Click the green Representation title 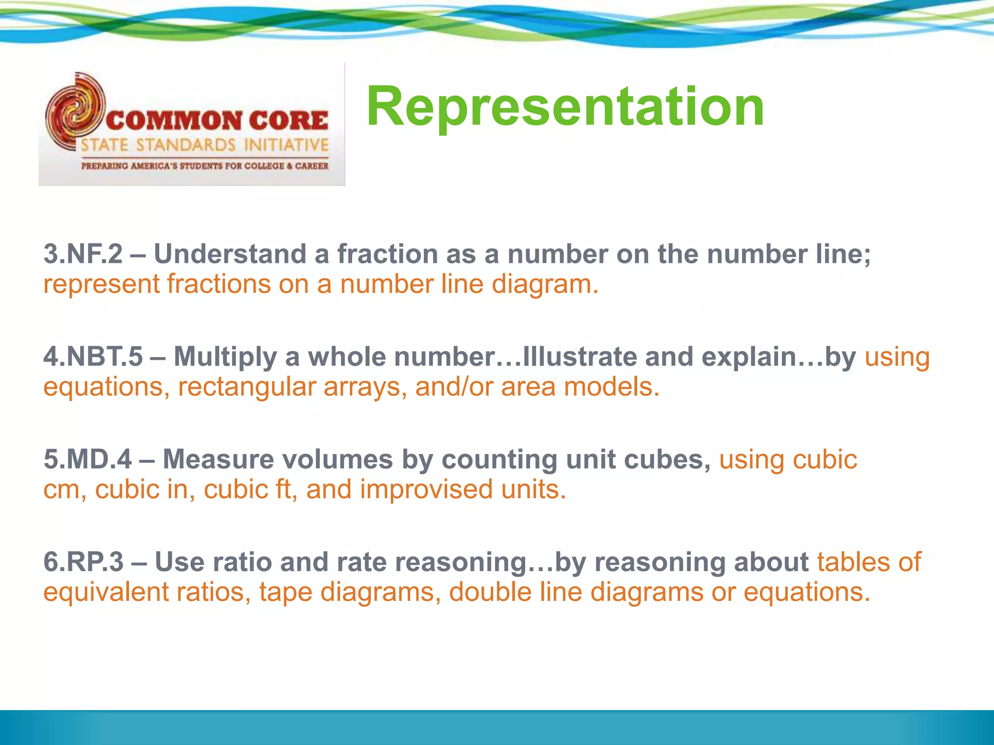click(565, 106)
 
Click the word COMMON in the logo click(173, 121)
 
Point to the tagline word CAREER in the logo click(312, 166)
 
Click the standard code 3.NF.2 click(83, 254)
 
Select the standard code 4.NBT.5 click(93, 357)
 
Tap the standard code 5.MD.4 click(87, 459)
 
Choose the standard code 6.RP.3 click(83, 562)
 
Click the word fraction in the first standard click(388, 254)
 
